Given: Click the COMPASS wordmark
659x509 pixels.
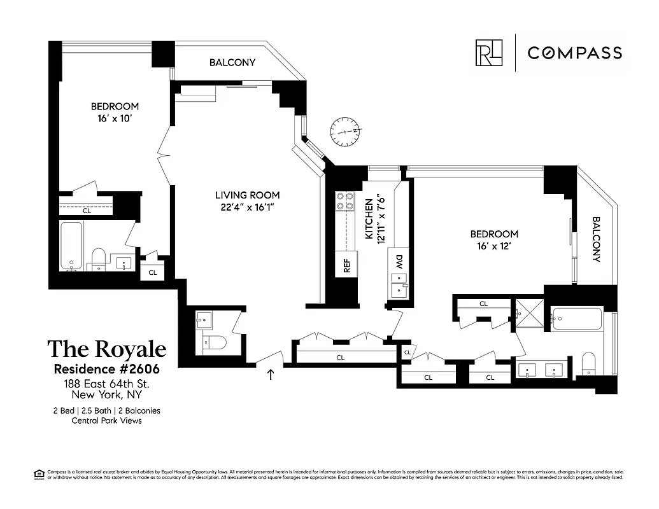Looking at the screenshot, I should pos(574,53).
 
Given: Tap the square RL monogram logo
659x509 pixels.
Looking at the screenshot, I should pos(488,53).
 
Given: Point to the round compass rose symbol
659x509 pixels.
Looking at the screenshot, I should pos(346,132).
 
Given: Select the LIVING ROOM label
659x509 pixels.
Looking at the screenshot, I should pos(247,195).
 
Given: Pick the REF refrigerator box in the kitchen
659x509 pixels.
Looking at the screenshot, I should pos(347,265).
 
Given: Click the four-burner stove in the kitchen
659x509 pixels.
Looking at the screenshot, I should pos(344,201).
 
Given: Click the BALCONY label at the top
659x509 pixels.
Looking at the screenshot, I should pos(232,62).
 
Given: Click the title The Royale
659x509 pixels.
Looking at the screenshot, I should pos(107,349).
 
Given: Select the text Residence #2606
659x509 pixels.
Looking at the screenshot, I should pos(106,369).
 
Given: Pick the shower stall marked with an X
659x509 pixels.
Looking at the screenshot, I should pos(529,313).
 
